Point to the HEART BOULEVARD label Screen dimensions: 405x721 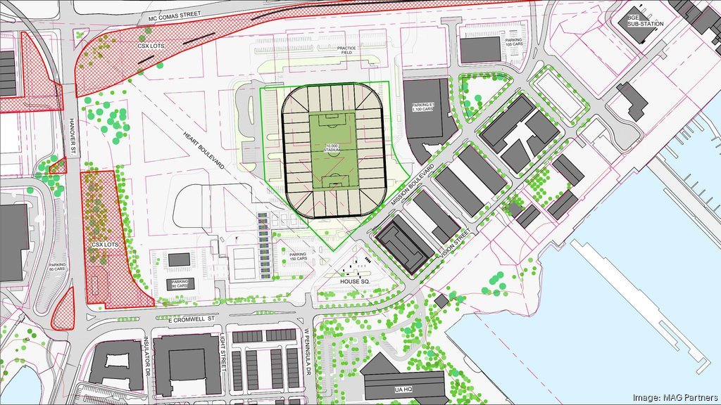pos(204,152)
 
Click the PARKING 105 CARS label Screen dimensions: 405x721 pos(513,43)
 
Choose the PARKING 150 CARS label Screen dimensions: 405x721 pos(299,257)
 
